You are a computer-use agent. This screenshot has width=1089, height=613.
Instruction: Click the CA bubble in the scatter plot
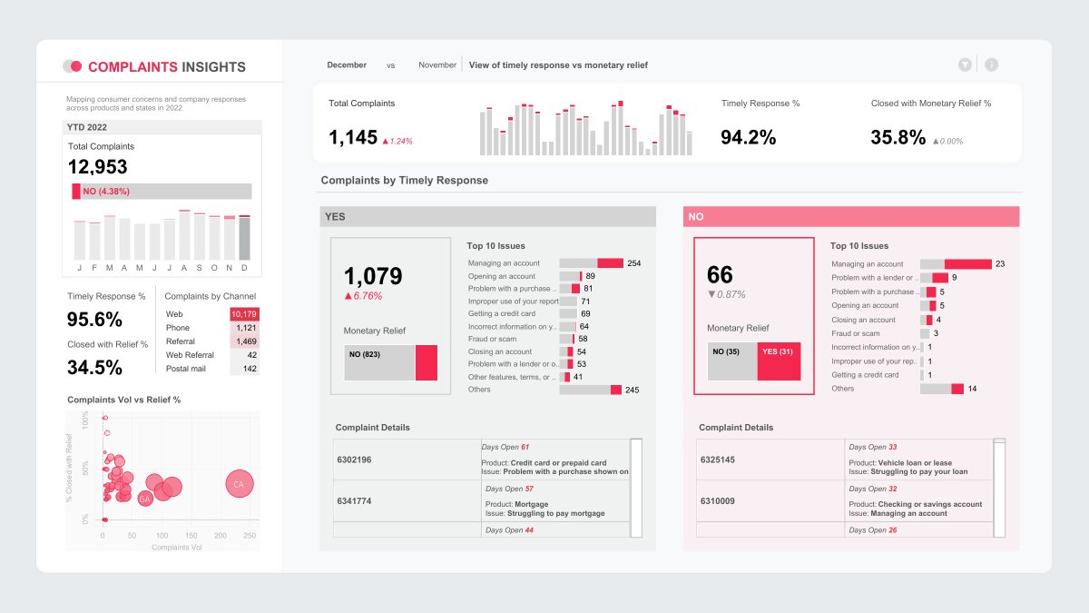(x=239, y=484)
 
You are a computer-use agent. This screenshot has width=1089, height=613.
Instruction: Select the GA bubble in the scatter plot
(x=145, y=499)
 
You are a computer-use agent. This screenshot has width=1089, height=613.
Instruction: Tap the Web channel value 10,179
(x=244, y=314)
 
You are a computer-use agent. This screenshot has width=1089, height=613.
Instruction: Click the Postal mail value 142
(x=245, y=369)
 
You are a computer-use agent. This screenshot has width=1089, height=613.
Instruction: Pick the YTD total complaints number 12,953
(x=98, y=167)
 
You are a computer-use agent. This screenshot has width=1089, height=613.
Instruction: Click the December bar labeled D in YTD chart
(x=244, y=238)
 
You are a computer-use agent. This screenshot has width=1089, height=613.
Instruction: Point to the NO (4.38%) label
(x=105, y=192)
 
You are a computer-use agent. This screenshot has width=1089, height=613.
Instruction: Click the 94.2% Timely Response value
(x=748, y=137)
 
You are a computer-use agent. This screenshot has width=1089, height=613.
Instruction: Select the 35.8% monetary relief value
(x=898, y=137)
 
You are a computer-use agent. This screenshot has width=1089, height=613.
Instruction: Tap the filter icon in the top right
(x=965, y=64)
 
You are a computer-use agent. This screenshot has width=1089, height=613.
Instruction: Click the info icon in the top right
(x=991, y=64)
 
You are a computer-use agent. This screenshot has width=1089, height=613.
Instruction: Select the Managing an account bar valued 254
(x=591, y=263)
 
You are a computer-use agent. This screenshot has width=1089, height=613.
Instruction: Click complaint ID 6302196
(x=353, y=460)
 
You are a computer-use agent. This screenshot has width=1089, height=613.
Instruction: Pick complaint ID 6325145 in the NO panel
(x=717, y=460)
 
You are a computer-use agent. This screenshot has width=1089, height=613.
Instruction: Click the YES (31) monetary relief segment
(x=779, y=362)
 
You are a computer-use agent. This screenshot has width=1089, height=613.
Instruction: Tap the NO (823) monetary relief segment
(x=379, y=362)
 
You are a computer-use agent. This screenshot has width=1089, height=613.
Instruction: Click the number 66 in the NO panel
(x=720, y=276)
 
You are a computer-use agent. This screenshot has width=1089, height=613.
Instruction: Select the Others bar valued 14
(x=941, y=389)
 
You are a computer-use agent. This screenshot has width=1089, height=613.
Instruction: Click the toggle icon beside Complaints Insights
(x=73, y=66)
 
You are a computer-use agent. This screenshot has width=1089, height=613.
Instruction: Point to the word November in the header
(x=437, y=65)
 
